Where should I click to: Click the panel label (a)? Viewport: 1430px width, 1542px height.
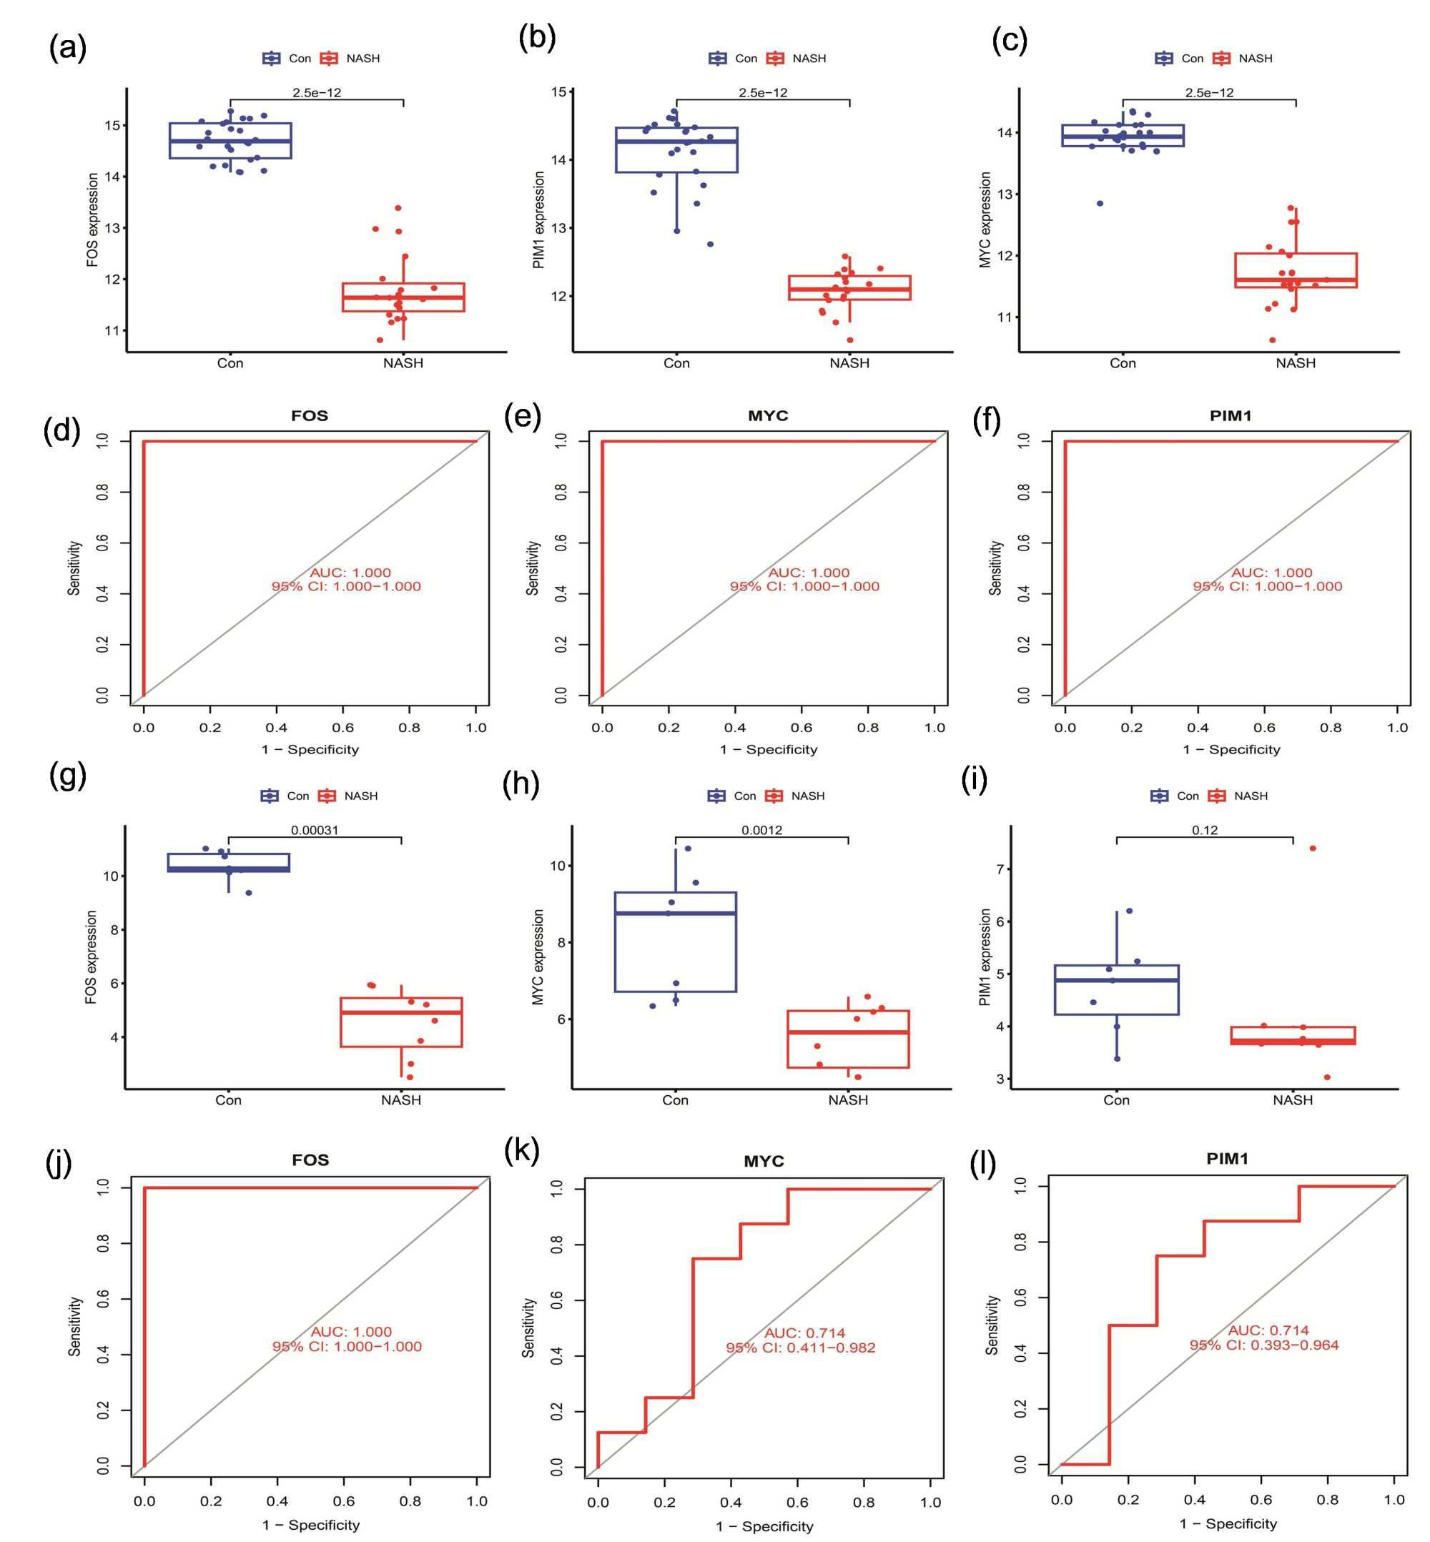pyautogui.click(x=67, y=48)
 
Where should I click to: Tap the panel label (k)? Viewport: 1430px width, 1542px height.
pyautogui.click(x=521, y=1150)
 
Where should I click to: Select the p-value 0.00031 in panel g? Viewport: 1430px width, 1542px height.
pyautogui.click(x=314, y=830)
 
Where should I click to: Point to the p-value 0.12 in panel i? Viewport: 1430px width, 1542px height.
pyautogui.click(x=1204, y=830)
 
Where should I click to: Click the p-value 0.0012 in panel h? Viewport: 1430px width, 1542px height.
pyautogui.click(x=761, y=830)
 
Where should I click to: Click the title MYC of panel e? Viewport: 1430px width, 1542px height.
pyautogui.click(x=768, y=415)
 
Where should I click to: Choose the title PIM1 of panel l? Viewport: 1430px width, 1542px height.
pyautogui.click(x=1227, y=1158)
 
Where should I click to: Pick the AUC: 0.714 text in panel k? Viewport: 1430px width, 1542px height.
pyautogui.click(x=805, y=1333)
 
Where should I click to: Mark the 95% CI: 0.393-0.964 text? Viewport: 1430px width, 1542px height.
pyautogui.click(x=1263, y=1345)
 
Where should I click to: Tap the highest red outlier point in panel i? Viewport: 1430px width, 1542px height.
pyautogui.click(x=1312, y=848)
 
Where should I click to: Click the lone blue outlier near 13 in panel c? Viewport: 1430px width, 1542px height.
pyautogui.click(x=1100, y=204)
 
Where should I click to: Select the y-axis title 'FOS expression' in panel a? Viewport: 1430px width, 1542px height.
pyautogui.click(x=93, y=219)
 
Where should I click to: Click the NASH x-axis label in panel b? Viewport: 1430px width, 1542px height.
pyautogui.click(x=849, y=363)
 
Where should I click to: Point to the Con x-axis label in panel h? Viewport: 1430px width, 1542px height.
pyautogui.click(x=675, y=1099)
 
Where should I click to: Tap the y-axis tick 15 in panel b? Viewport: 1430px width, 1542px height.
pyautogui.click(x=558, y=92)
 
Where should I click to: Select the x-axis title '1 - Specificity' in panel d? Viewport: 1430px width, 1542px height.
pyautogui.click(x=310, y=749)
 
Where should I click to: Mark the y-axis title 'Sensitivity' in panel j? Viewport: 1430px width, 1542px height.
pyautogui.click(x=74, y=1326)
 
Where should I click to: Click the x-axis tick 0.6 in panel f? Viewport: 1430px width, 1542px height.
pyautogui.click(x=1264, y=727)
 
